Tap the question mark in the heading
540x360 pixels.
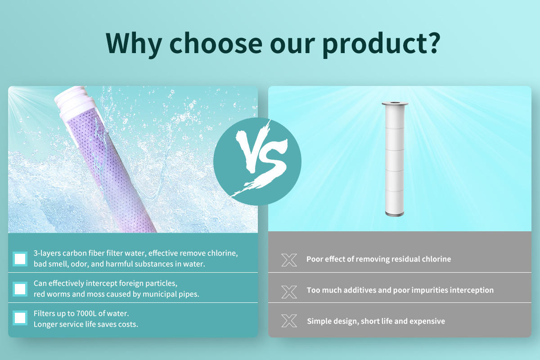(432, 43)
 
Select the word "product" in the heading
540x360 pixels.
(372, 45)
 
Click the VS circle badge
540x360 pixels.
(257, 162)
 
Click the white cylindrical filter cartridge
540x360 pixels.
(395, 159)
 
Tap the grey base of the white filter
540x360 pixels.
(395, 214)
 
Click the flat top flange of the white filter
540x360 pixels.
(395, 103)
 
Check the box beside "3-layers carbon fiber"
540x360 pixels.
(20, 259)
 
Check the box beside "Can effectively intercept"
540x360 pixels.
(20, 289)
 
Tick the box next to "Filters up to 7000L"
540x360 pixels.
(20, 318)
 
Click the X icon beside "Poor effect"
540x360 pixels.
(289, 260)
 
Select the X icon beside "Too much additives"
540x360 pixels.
(289, 292)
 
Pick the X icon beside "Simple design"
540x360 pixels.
(289, 321)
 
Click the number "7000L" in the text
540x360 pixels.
(86, 314)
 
